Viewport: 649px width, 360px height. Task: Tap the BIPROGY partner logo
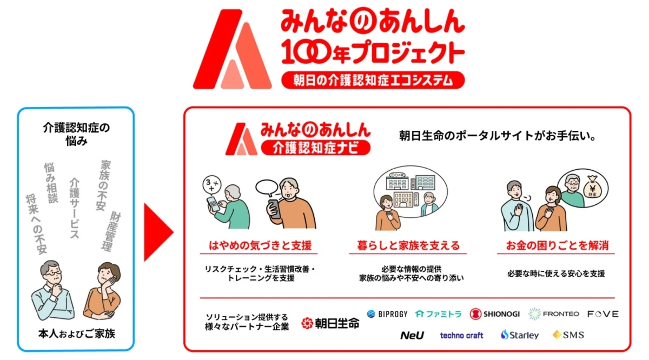[387, 314]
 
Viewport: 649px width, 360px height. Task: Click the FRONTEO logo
[553, 314]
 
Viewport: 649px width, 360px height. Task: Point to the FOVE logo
[602, 314]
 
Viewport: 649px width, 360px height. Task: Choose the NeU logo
[412, 335]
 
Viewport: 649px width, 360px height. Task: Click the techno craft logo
[461, 335]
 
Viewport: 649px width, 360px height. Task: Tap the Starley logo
[519, 335]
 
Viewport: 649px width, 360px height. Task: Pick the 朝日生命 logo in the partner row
[330, 323]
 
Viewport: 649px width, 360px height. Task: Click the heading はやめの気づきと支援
[260, 246]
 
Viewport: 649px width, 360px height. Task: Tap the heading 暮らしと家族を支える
[409, 246]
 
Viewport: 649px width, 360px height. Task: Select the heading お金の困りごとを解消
[557, 246]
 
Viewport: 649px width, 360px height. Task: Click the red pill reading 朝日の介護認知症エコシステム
[373, 81]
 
